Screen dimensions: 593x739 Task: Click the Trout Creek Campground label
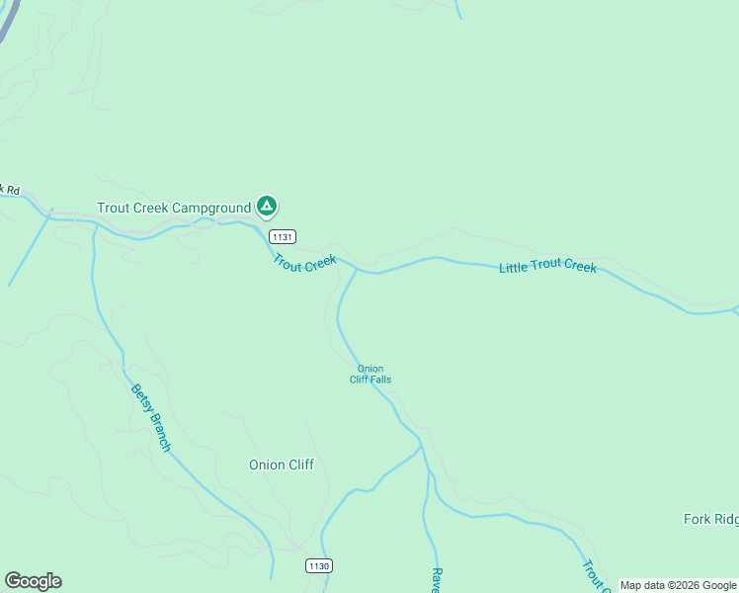coord(173,208)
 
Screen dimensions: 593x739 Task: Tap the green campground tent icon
coord(266,207)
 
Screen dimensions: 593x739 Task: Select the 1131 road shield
coord(283,236)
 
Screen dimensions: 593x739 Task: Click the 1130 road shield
coord(318,565)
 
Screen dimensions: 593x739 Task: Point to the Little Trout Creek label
coord(547,267)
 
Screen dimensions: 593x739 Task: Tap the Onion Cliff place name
coord(282,465)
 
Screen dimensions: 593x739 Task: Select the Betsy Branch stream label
coord(150,418)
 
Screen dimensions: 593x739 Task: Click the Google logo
coord(33,581)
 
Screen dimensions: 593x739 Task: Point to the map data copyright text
coord(678,585)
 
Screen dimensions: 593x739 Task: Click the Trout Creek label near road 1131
coord(305,264)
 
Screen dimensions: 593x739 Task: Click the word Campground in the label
coord(212,208)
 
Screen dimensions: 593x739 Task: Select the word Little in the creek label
coord(515,267)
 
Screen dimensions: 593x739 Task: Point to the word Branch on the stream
coord(158,432)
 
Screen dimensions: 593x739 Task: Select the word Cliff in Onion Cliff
coord(300,465)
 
